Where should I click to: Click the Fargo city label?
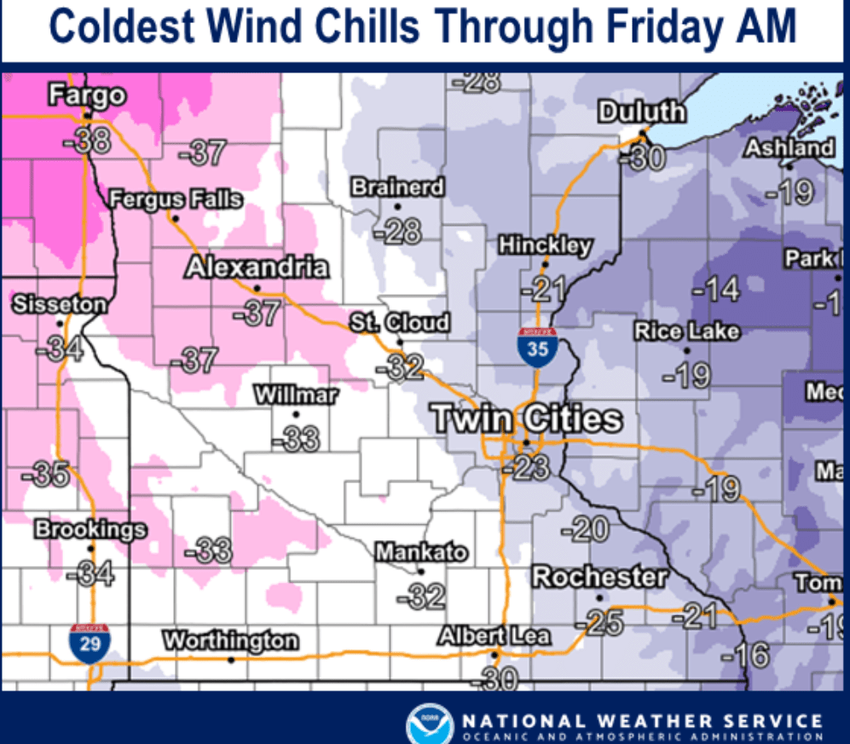click(x=87, y=95)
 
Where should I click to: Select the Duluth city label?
click(x=641, y=112)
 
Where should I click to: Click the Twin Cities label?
click(x=526, y=418)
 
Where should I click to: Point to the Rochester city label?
click(x=599, y=577)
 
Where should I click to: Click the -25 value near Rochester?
click(x=600, y=623)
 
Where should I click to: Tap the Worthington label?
click(x=231, y=640)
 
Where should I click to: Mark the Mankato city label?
click(x=422, y=552)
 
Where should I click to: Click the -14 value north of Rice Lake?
click(x=715, y=290)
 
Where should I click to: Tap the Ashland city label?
click(x=789, y=148)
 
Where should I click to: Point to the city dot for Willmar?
click(x=296, y=415)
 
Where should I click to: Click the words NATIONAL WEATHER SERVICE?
click(x=641, y=721)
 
